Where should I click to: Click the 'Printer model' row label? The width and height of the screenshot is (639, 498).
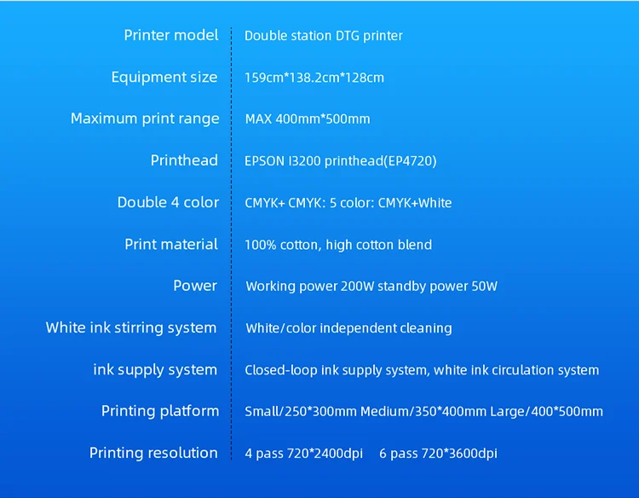[171, 35]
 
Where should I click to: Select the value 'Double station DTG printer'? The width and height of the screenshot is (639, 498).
[324, 36]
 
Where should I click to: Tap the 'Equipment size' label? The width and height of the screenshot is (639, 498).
[164, 77]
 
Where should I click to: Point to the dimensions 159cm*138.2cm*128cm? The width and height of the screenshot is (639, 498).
[314, 78]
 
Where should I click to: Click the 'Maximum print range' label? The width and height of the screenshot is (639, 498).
[145, 119]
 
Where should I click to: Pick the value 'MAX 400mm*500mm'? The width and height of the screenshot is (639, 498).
[308, 119]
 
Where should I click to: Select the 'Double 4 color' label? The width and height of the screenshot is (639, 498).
[168, 202]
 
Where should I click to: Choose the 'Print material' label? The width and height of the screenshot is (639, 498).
[171, 244]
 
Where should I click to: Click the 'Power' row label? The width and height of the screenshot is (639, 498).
[195, 286]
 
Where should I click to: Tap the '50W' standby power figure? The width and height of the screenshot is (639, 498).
[483, 287]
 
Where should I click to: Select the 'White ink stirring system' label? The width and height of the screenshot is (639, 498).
[131, 327]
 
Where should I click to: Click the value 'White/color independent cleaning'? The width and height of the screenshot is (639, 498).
[348, 328]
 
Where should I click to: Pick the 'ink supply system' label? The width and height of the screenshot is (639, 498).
[155, 369]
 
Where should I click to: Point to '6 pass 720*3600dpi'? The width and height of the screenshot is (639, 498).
[438, 454]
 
